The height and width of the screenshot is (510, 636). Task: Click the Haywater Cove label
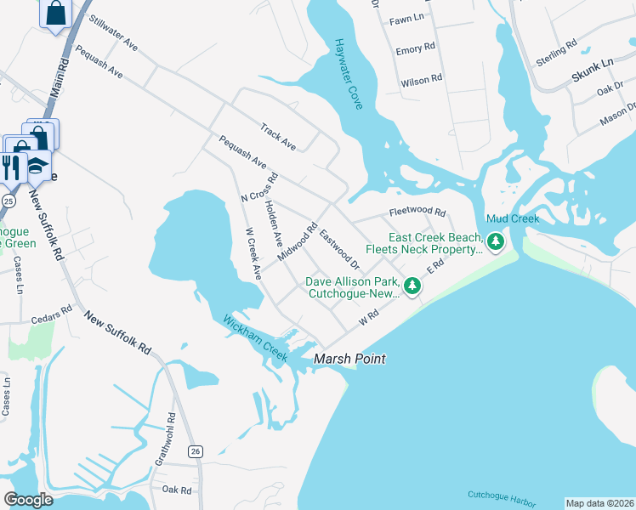tap(349, 74)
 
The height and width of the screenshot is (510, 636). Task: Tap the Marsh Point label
tap(349, 360)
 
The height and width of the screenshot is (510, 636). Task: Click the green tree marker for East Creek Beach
tap(496, 243)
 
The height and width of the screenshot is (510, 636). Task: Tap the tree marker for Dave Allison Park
tap(412, 286)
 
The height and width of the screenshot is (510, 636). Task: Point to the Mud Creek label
tap(513, 219)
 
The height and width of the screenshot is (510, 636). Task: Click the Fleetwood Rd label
tap(417, 212)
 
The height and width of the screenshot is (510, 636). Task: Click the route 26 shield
tap(196, 450)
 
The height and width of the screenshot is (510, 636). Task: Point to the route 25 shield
tap(8, 201)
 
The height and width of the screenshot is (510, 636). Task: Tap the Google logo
tap(29, 499)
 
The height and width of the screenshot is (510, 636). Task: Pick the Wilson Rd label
tap(421, 79)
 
